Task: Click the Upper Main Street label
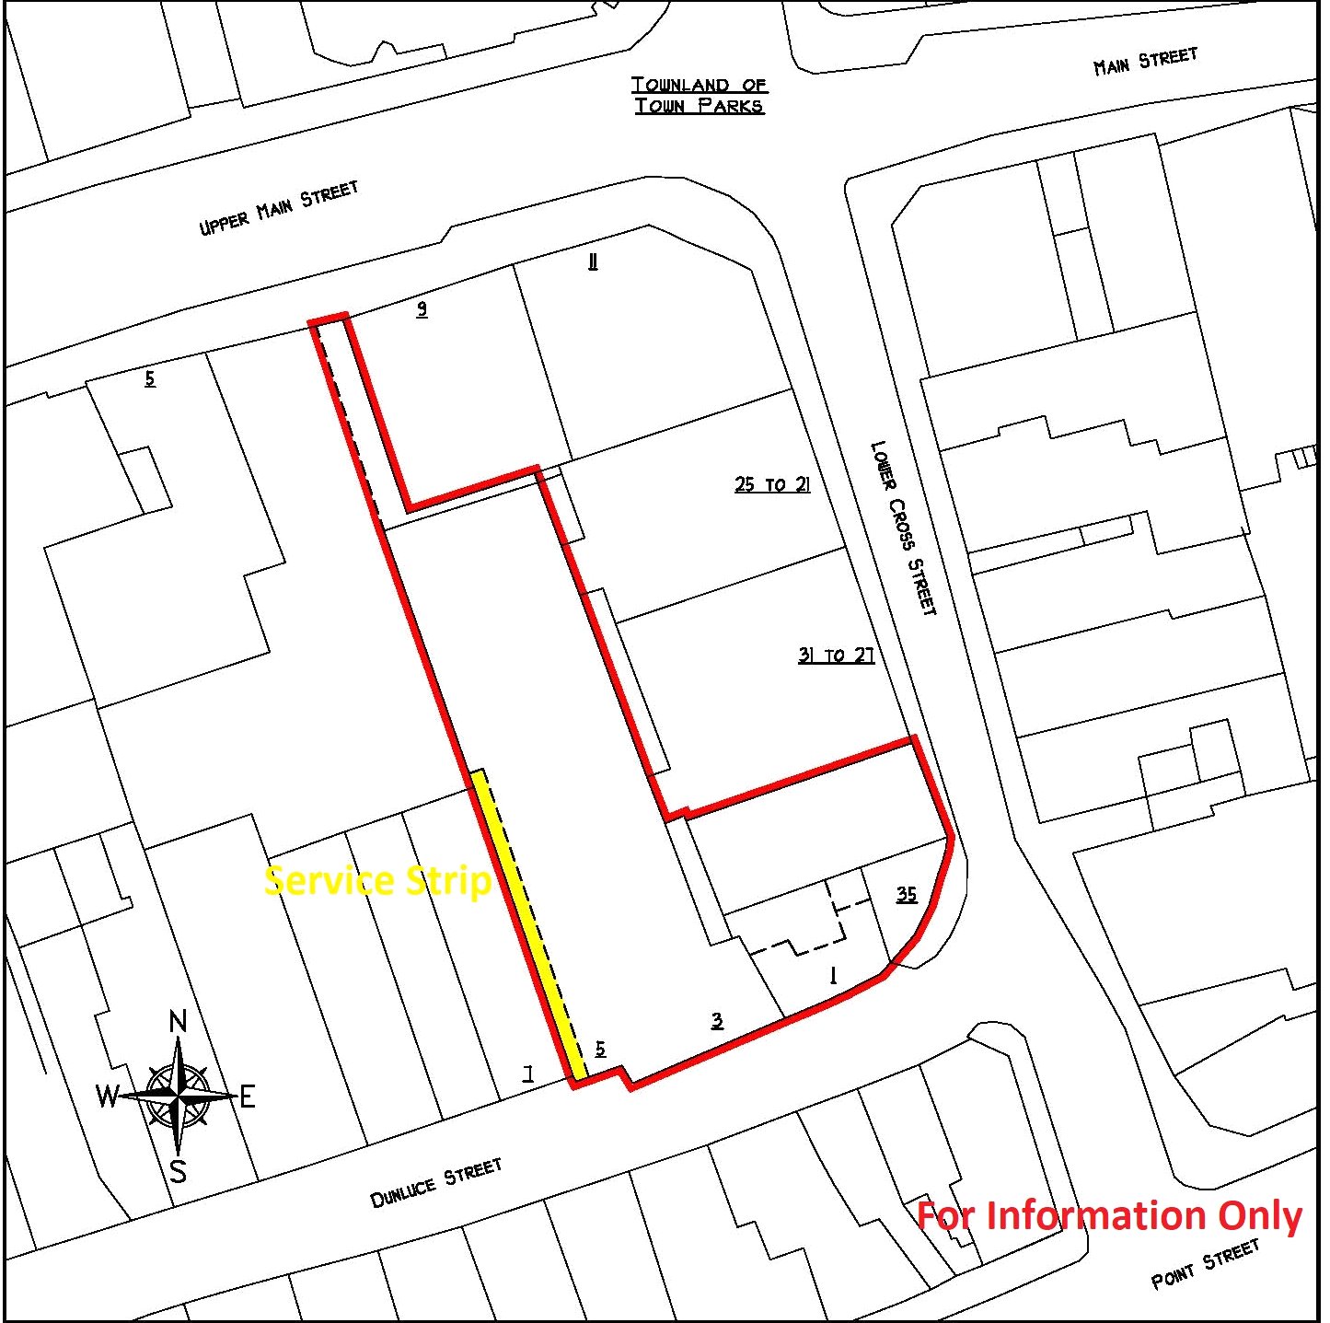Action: (x=278, y=208)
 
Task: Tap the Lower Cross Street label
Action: (x=904, y=528)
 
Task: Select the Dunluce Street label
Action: (x=436, y=1182)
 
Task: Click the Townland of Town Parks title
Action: (x=700, y=96)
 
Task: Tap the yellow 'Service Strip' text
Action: (x=377, y=881)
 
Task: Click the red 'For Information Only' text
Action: (x=1109, y=1215)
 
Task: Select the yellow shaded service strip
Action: (x=528, y=921)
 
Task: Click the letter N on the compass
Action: (x=179, y=1021)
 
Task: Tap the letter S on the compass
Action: (x=179, y=1171)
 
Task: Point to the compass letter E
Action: (x=247, y=1097)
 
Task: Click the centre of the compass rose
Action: (x=179, y=1096)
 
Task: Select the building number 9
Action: (x=422, y=308)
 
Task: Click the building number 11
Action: (x=593, y=262)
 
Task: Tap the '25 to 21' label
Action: (x=772, y=484)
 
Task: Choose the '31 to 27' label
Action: (x=836, y=656)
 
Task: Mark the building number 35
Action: (x=907, y=894)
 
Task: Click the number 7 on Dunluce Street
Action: (x=528, y=1073)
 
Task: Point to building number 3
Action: (x=717, y=1020)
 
